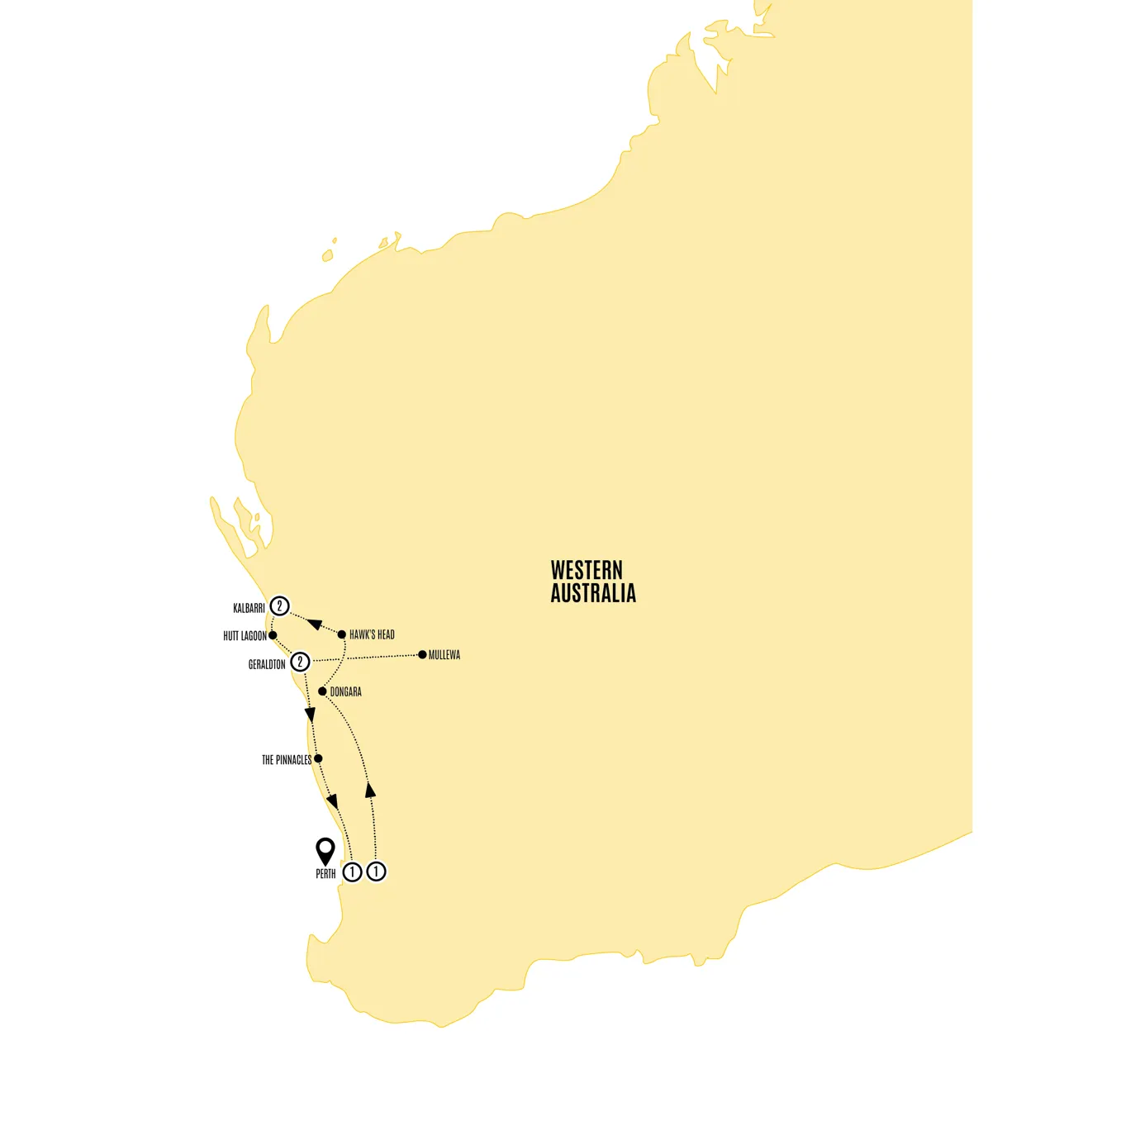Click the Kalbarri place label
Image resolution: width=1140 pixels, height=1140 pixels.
(249, 609)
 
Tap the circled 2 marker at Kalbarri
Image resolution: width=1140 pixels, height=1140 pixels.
(280, 606)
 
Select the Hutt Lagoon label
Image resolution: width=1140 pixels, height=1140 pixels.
(245, 636)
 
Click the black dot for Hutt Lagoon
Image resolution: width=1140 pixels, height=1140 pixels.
(273, 635)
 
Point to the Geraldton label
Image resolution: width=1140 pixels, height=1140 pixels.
(267, 664)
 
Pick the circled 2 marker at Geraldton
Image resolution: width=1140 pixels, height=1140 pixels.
(300, 662)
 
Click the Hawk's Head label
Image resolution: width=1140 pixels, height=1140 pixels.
(372, 635)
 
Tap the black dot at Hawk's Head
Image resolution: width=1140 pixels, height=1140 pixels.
(342, 634)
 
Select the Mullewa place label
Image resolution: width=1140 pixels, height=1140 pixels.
(444, 655)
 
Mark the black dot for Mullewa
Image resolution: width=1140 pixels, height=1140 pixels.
(423, 654)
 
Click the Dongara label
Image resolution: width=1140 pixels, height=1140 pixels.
(346, 692)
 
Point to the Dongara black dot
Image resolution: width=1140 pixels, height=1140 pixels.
(322, 691)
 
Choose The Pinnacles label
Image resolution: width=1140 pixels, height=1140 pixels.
(287, 760)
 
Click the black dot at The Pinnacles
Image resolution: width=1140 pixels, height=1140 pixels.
(318, 758)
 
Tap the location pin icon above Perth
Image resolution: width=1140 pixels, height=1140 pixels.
(325, 849)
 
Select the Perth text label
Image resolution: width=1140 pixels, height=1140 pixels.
(325, 874)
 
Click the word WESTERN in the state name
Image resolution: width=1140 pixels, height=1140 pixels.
(587, 570)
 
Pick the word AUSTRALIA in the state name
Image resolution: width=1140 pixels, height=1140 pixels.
(593, 593)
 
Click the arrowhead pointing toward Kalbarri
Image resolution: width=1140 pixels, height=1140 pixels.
(313, 623)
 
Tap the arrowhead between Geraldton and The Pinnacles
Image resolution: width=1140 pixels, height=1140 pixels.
(311, 715)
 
